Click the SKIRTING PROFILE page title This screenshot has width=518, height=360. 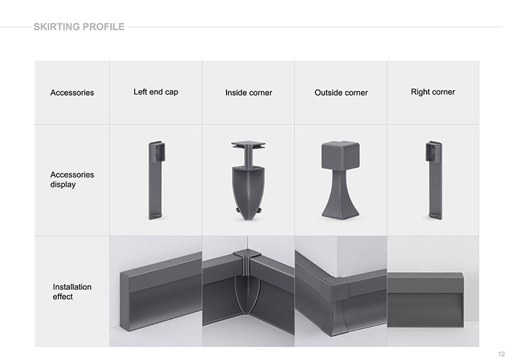(79, 27)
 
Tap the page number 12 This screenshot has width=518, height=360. (501, 354)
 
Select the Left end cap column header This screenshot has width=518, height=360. (155, 92)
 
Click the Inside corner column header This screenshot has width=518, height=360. (249, 93)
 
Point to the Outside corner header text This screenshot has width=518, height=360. (341, 93)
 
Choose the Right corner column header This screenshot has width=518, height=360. (433, 92)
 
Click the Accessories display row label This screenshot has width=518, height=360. (72, 179)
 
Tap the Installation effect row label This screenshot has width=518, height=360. (72, 291)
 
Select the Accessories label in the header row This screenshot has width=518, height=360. (72, 93)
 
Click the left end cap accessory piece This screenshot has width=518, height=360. (155, 181)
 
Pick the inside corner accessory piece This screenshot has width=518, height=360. (248, 181)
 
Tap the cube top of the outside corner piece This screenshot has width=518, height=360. (341, 155)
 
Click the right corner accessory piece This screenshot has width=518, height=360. (434, 181)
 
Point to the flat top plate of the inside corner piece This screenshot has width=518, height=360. (249, 144)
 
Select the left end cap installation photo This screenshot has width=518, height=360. (155, 291)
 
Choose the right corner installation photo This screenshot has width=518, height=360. (433, 291)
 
